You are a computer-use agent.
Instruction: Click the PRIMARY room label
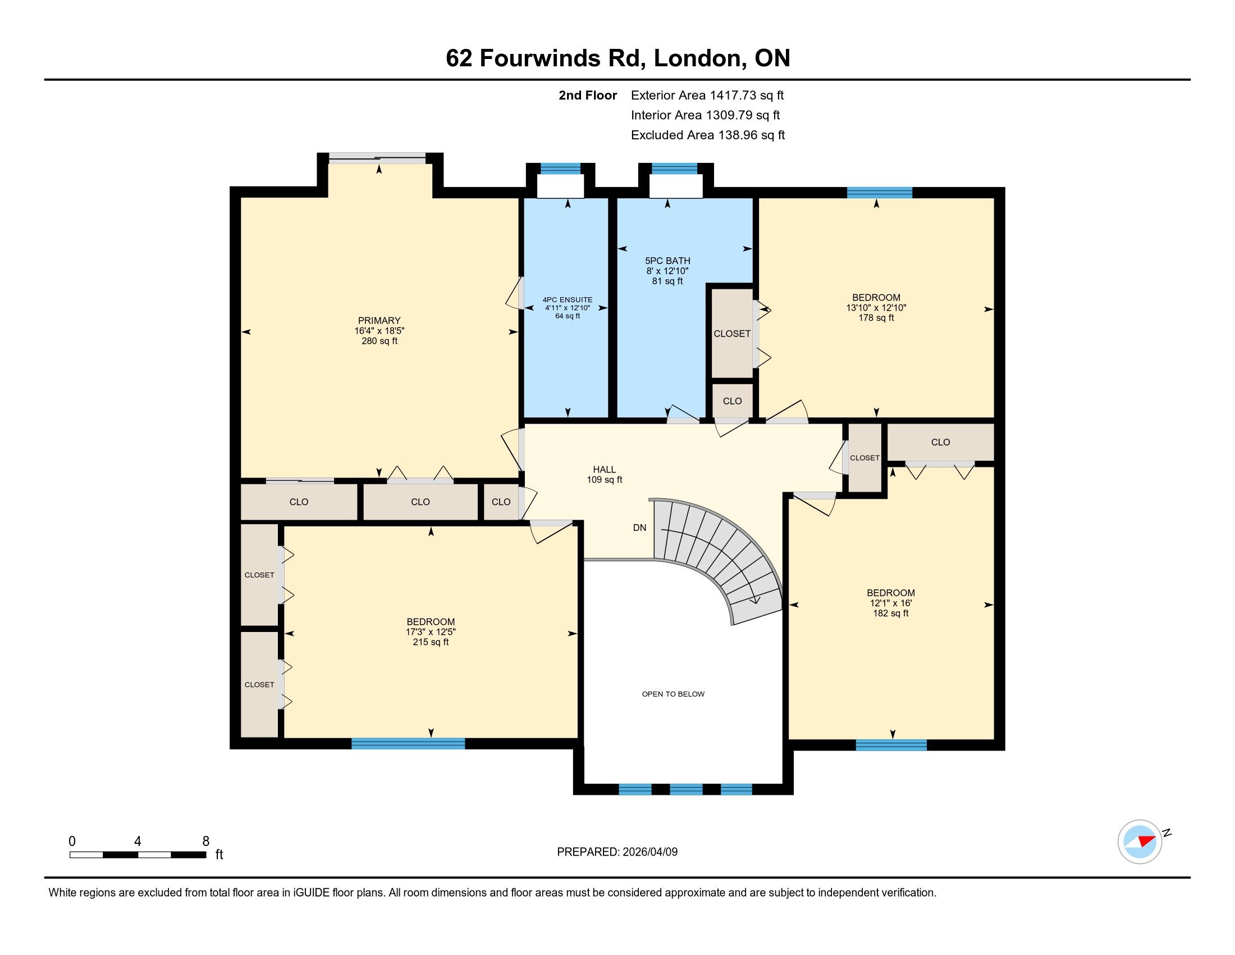click(379, 321)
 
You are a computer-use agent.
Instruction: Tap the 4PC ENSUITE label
click(567, 300)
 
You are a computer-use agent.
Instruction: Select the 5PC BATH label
click(667, 261)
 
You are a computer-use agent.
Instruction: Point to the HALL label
click(604, 470)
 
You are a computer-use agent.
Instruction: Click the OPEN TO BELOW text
click(673, 694)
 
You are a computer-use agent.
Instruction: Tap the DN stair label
click(639, 528)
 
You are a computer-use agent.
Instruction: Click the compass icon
click(1140, 842)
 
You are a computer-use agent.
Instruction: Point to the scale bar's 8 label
click(206, 842)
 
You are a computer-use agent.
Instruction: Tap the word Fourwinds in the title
click(540, 58)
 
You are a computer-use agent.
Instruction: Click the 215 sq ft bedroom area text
click(431, 642)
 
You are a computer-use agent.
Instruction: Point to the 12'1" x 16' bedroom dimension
click(891, 603)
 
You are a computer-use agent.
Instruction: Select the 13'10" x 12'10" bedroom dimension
click(876, 308)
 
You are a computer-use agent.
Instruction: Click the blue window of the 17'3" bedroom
click(408, 743)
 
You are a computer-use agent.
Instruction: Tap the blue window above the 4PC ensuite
click(560, 168)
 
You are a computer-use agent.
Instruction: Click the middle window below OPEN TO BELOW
click(686, 789)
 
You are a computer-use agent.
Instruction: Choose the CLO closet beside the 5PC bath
click(732, 401)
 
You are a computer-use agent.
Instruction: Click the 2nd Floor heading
click(588, 95)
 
